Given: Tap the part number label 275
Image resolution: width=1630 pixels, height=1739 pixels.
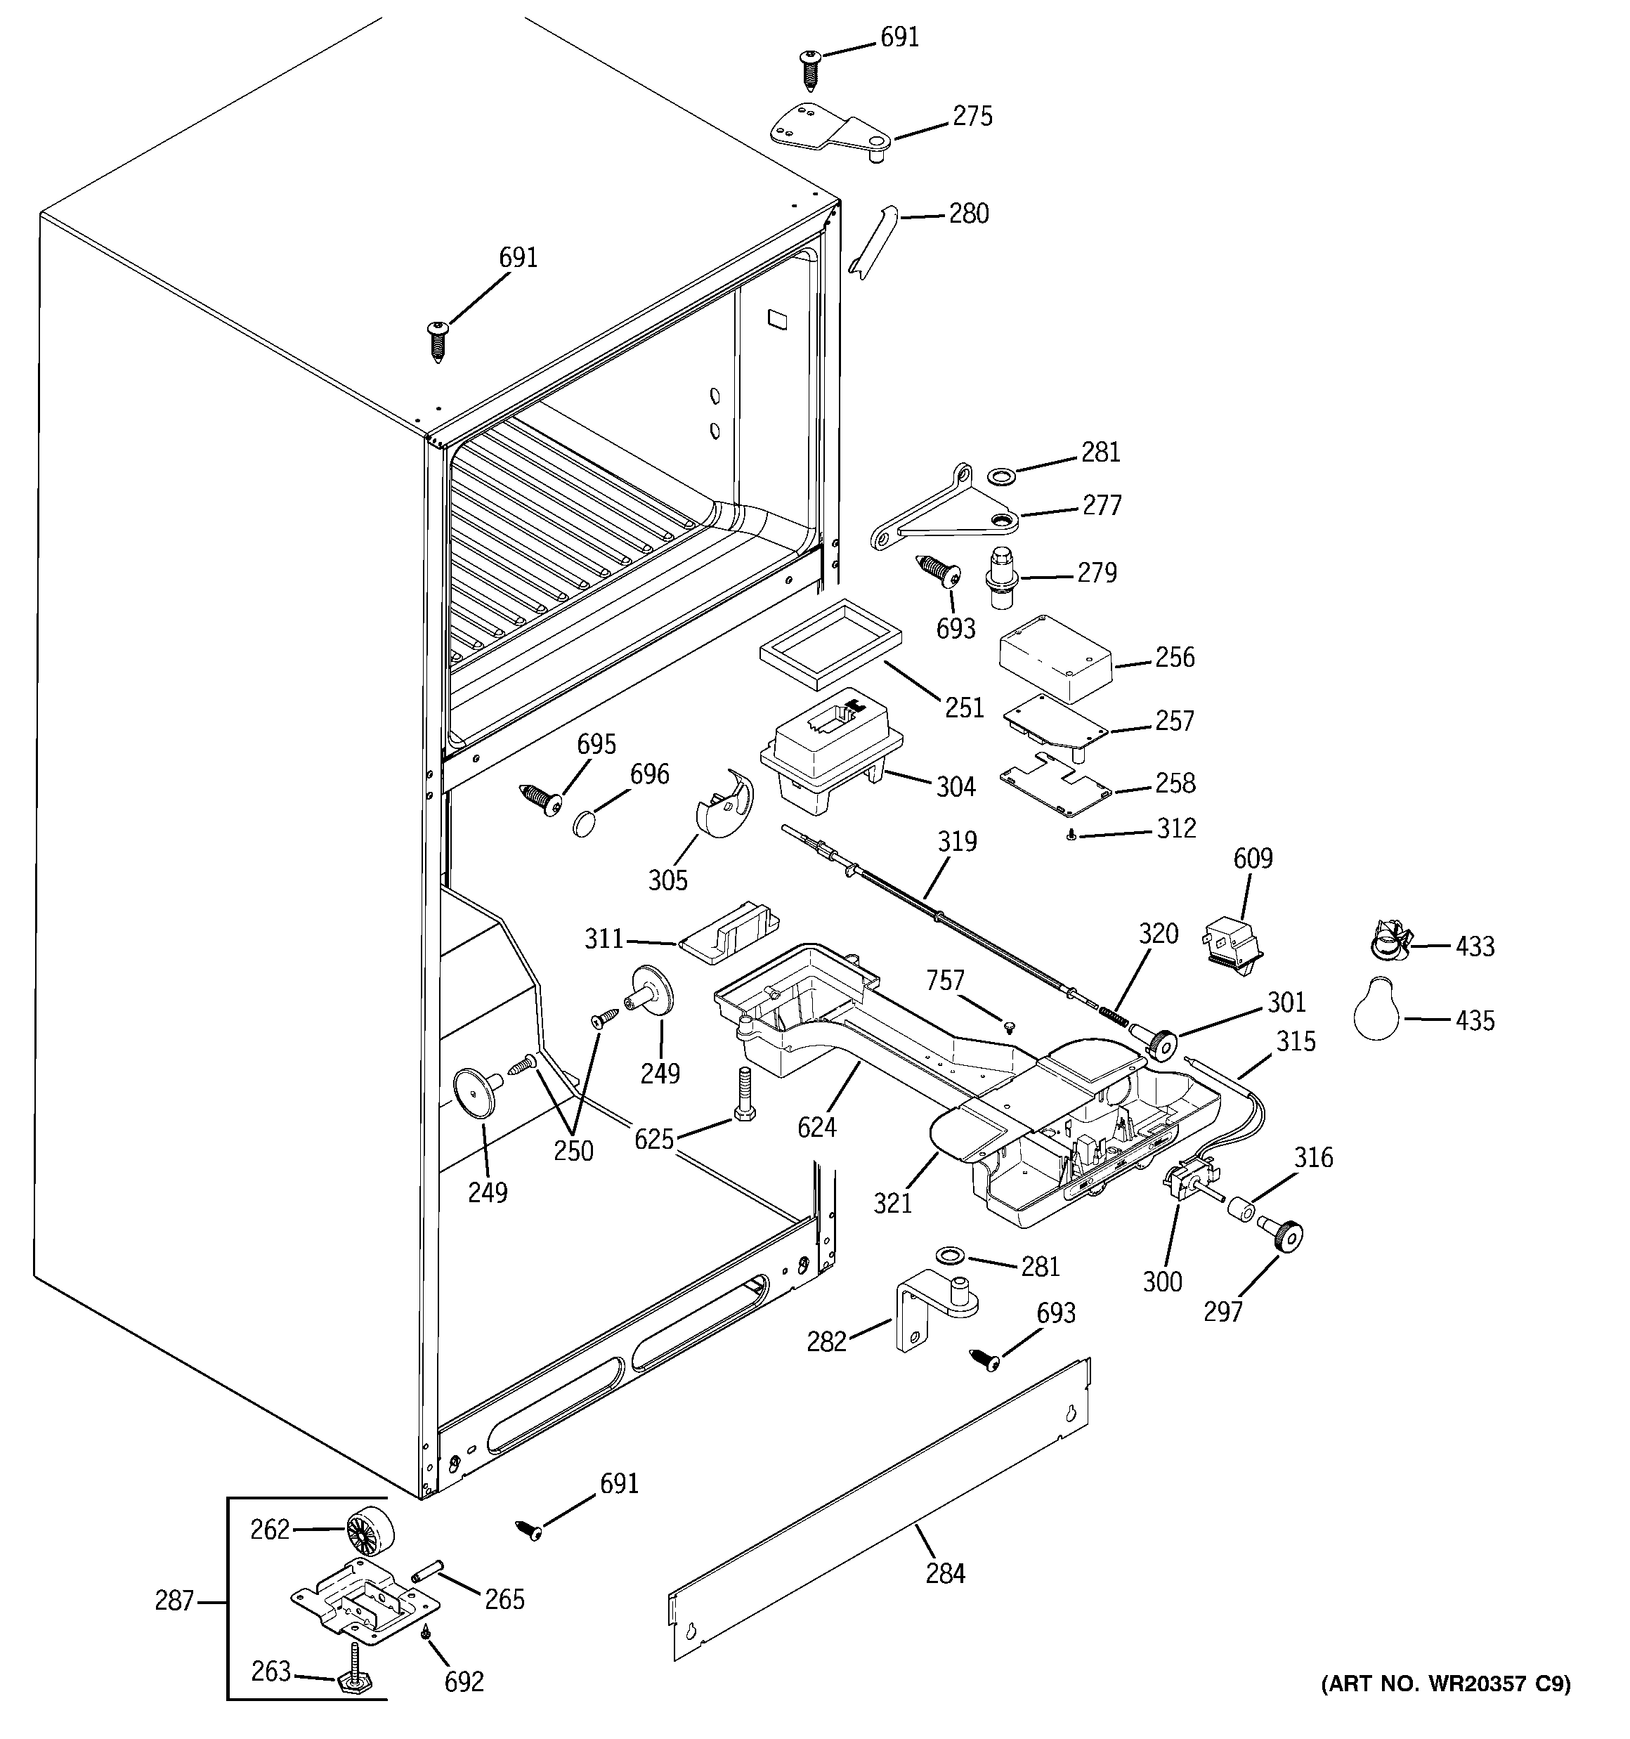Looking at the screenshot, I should click(x=972, y=117).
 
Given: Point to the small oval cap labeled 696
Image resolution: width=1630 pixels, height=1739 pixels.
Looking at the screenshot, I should click(x=585, y=822).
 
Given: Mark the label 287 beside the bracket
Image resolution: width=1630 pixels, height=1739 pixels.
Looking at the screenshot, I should click(x=174, y=1601).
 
